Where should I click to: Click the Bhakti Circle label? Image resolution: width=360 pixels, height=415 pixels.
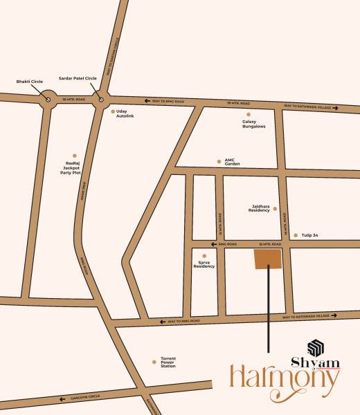(x=28, y=81)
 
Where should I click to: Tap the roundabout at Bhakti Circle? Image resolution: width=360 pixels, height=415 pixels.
(x=48, y=100)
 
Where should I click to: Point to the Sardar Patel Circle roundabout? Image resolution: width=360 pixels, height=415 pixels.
(x=101, y=100)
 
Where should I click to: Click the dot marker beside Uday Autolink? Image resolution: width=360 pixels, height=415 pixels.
(x=113, y=111)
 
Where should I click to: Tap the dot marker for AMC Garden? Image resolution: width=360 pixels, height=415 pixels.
(x=218, y=160)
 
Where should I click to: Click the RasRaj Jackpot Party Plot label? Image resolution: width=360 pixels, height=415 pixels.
(x=71, y=168)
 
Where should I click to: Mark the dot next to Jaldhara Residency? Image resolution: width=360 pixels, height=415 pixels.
(x=275, y=208)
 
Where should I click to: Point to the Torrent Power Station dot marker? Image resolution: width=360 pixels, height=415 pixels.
(x=154, y=360)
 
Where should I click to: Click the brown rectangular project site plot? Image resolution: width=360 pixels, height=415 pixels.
(x=269, y=259)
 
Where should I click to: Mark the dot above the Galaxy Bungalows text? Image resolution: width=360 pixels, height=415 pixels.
(x=249, y=114)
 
